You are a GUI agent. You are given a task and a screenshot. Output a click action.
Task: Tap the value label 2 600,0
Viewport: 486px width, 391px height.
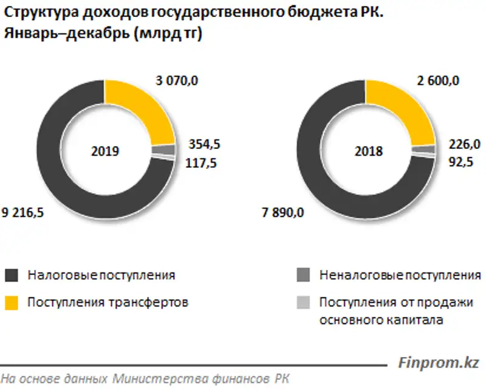[x=437, y=80]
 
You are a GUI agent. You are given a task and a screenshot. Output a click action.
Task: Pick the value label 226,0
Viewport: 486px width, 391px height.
[x=465, y=144]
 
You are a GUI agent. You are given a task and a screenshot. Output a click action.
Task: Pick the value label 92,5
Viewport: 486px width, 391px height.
[x=462, y=162]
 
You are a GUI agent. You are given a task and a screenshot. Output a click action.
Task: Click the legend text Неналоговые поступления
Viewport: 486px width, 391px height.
[x=400, y=275]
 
